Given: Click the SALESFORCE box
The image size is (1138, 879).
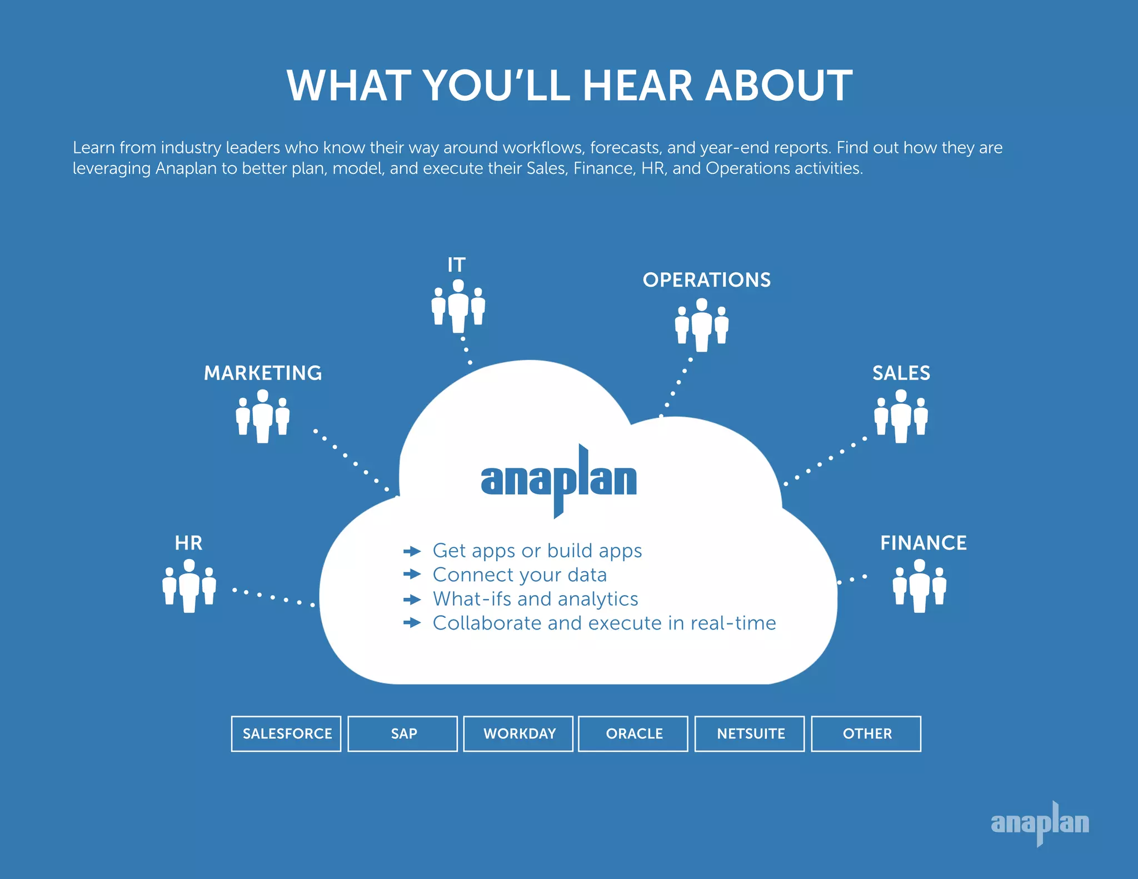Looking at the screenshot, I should [286, 733].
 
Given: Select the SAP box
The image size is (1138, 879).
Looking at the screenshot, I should [403, 733].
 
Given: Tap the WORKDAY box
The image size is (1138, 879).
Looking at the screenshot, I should [518, 733].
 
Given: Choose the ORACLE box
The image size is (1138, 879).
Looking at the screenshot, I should [633, 733].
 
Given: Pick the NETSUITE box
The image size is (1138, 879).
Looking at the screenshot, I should [750, 733].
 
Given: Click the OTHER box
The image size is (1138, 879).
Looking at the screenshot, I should [866, 733].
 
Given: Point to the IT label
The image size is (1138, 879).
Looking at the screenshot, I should [456, 265].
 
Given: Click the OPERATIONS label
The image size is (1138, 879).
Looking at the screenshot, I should [706, 280].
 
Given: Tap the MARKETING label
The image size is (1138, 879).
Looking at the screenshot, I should [263, 373].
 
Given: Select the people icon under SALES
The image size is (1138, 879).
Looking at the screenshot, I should [901, 416].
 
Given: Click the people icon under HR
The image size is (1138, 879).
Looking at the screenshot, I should [189, 586].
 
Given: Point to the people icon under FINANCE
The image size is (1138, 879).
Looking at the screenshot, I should [920, 586].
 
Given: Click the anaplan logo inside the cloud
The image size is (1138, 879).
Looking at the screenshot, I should [559, 480].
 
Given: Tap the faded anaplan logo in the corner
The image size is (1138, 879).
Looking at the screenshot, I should [1040, 823].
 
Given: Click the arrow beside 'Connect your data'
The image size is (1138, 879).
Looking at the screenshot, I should [412, 574].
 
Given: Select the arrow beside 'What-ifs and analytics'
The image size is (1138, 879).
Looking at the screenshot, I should [412, 600].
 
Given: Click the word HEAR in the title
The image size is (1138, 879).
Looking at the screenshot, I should [637, 86].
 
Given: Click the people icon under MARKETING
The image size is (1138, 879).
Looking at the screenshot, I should [263, 416].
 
